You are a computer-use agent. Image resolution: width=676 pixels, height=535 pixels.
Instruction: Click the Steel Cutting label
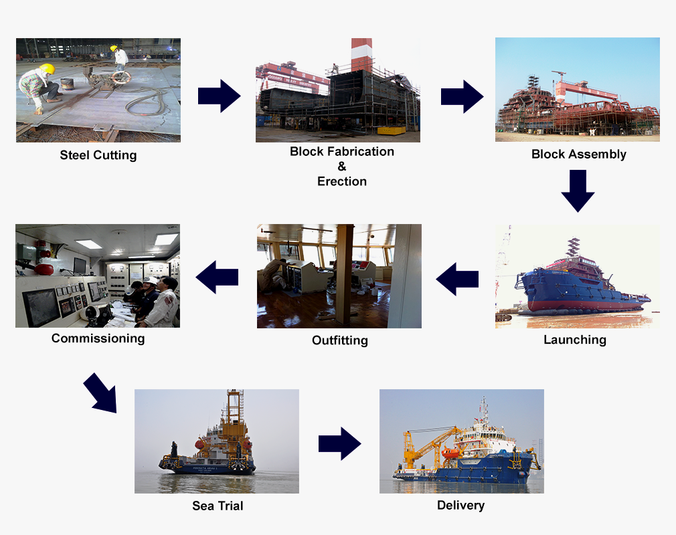coord(98,155)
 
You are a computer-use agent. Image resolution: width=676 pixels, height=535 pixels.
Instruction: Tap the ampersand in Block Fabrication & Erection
coord(341,167)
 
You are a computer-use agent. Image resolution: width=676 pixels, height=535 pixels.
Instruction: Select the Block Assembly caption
coord(578,154)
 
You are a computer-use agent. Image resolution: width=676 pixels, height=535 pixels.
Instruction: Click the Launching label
coord(574,340)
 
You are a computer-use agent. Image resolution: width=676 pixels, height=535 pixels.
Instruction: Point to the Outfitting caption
coord(339,340)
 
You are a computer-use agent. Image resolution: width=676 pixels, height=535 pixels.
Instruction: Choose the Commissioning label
coord(98,338)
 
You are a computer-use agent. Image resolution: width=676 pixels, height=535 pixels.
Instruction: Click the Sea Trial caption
coord(218,506)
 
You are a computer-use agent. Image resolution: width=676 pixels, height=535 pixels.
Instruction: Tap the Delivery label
coord(460,505)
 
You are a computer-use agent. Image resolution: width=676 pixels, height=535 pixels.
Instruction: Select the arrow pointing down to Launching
coord(578,191)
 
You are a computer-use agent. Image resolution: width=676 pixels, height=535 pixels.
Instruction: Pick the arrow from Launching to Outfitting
coord(457,278)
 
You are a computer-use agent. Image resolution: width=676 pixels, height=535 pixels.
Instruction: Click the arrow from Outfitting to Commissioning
coord(217,277)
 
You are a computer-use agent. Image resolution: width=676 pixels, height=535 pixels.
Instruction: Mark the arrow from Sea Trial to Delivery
coord(339,443)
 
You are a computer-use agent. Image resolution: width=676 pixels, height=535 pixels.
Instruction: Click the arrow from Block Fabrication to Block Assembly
coord(462,96)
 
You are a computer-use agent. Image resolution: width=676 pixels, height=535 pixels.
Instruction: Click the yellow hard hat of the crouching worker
coord(47,68)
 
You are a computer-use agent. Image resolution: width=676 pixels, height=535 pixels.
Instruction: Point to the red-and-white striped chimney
coord(361,53)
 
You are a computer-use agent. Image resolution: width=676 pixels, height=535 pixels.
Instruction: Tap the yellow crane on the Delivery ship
coord(428,441)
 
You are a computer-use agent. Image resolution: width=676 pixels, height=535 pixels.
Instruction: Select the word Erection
coord(341,181)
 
